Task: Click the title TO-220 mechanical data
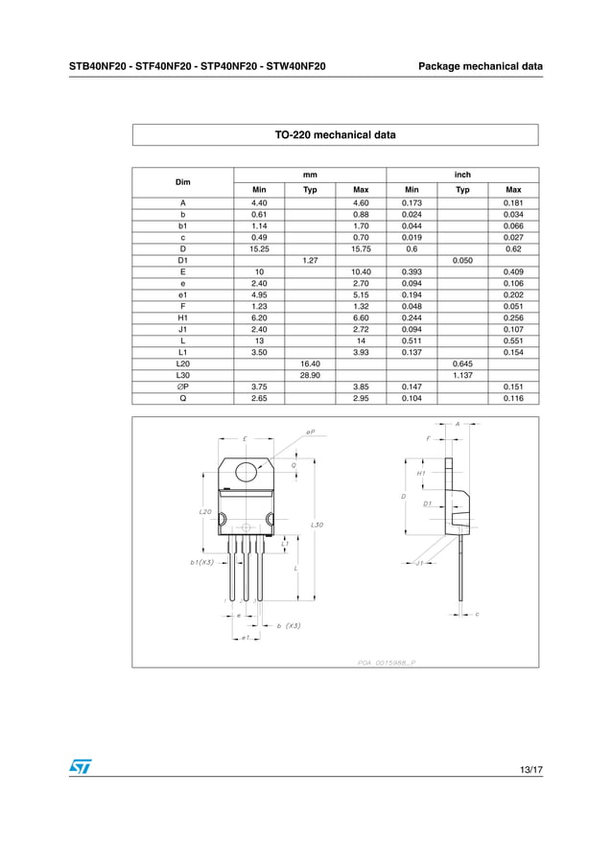[335, 135]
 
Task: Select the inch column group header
[462, 175]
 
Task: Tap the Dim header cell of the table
[182, 182]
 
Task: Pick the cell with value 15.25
[259, 247]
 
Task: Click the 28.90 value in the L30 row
[310, 375]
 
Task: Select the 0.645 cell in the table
[462, 363]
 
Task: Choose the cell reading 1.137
[462, 375]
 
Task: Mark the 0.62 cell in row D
[513, 247]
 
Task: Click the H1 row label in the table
[182, 317]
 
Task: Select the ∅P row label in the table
[182, 386]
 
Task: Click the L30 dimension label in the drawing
[318, 525]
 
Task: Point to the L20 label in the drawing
[205, 512]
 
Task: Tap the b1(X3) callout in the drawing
[201, 562]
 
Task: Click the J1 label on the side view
[419, 564]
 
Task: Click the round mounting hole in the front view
[247, 471]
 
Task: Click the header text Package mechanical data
[481, 66]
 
